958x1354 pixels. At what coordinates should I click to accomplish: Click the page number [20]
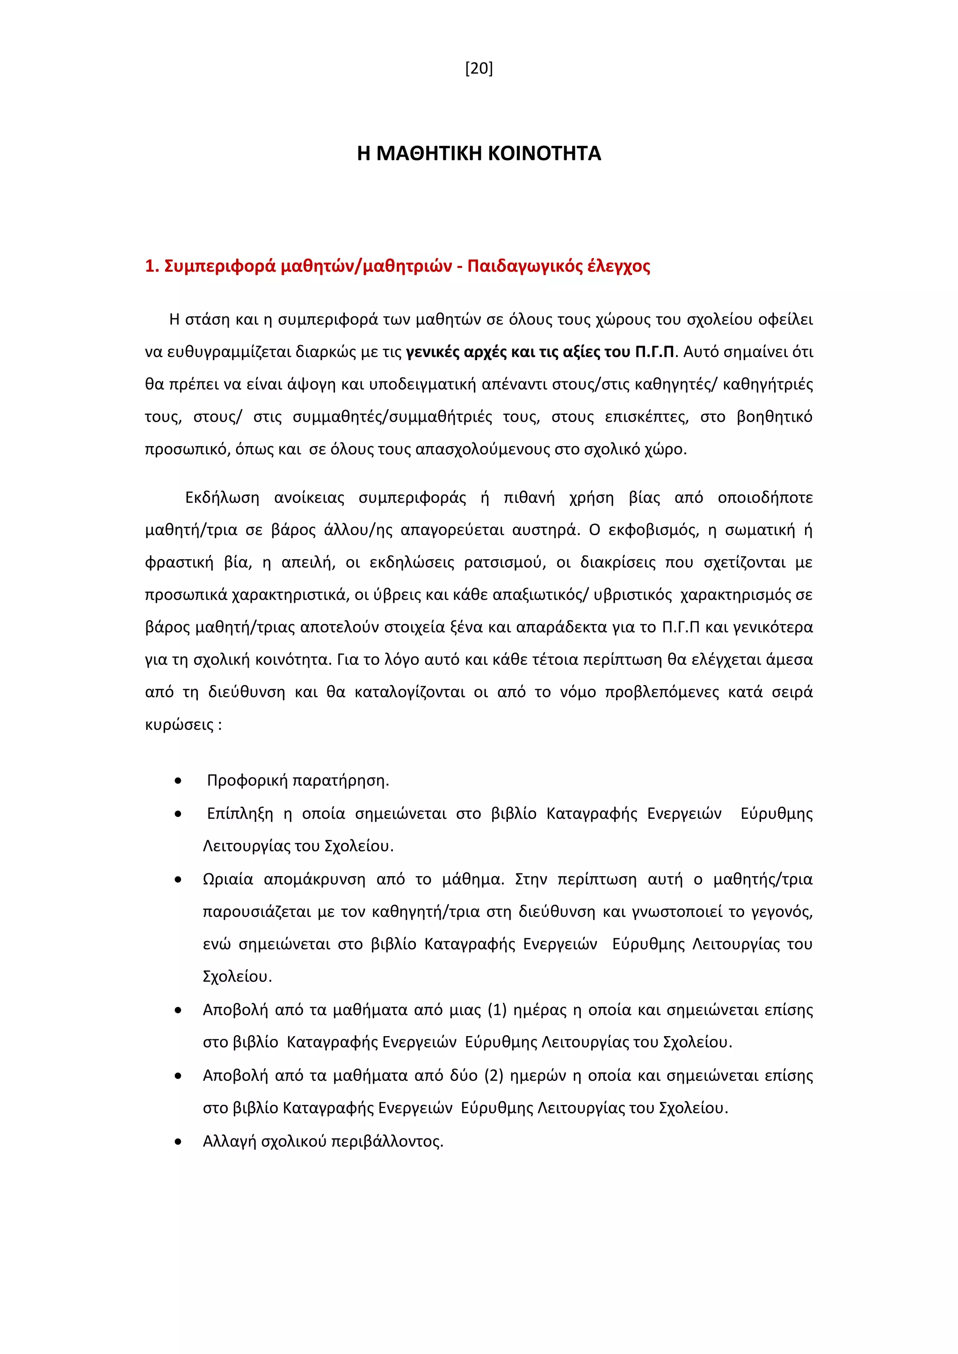[x=479, y=69]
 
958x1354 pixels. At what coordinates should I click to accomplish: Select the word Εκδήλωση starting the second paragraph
[x=222, y=498]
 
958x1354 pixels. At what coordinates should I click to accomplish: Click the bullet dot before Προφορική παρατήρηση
[x=178, y=781]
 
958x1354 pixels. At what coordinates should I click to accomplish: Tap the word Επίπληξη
[x=240, y=814]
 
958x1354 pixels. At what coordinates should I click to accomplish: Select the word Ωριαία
[x=228, y=880]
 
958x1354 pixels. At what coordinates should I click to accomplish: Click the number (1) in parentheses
[x=497, y=1010]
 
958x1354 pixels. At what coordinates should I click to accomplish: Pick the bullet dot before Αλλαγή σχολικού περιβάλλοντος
[x=178, y=1142]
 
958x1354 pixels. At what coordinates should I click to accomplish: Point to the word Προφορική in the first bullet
[x=248, y=781]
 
